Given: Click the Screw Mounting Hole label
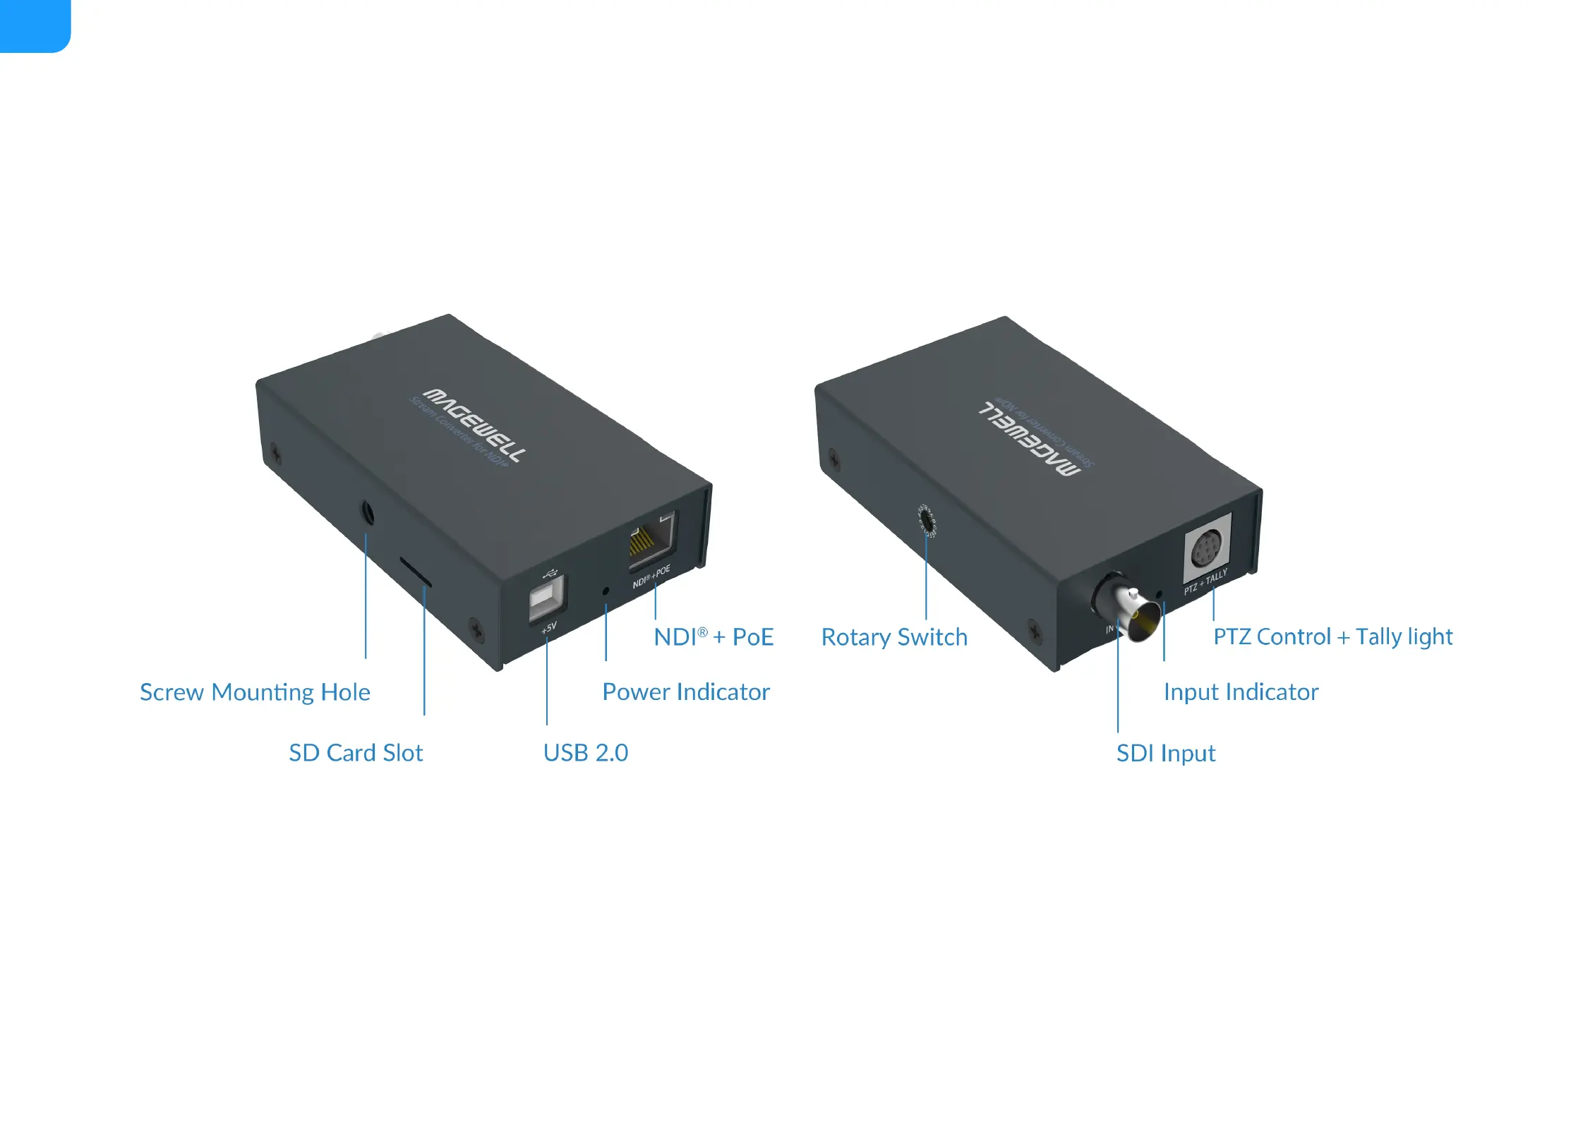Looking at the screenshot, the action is [x=255, y=692].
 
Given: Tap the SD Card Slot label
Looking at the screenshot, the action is [x=356, y=753].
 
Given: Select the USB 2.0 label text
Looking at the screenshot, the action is [x=585, y=753].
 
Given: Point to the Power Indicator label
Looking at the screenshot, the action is [x=685, y=692].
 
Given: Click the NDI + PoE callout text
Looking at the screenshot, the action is [x=713, y=637].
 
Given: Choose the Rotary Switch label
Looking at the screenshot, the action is [x=894, y=637].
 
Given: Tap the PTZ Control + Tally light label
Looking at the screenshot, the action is [x=1332, y=637].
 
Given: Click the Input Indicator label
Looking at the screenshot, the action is [x=1241, y=692].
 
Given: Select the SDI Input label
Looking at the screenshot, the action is [x=1166, y=754].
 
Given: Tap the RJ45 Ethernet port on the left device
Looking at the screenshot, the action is [x=651, y=541].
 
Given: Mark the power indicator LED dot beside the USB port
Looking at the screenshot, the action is [x=606, y=591].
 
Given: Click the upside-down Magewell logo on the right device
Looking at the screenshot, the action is [x=1030, y=438].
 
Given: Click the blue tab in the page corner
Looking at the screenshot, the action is [x=34, y=25].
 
